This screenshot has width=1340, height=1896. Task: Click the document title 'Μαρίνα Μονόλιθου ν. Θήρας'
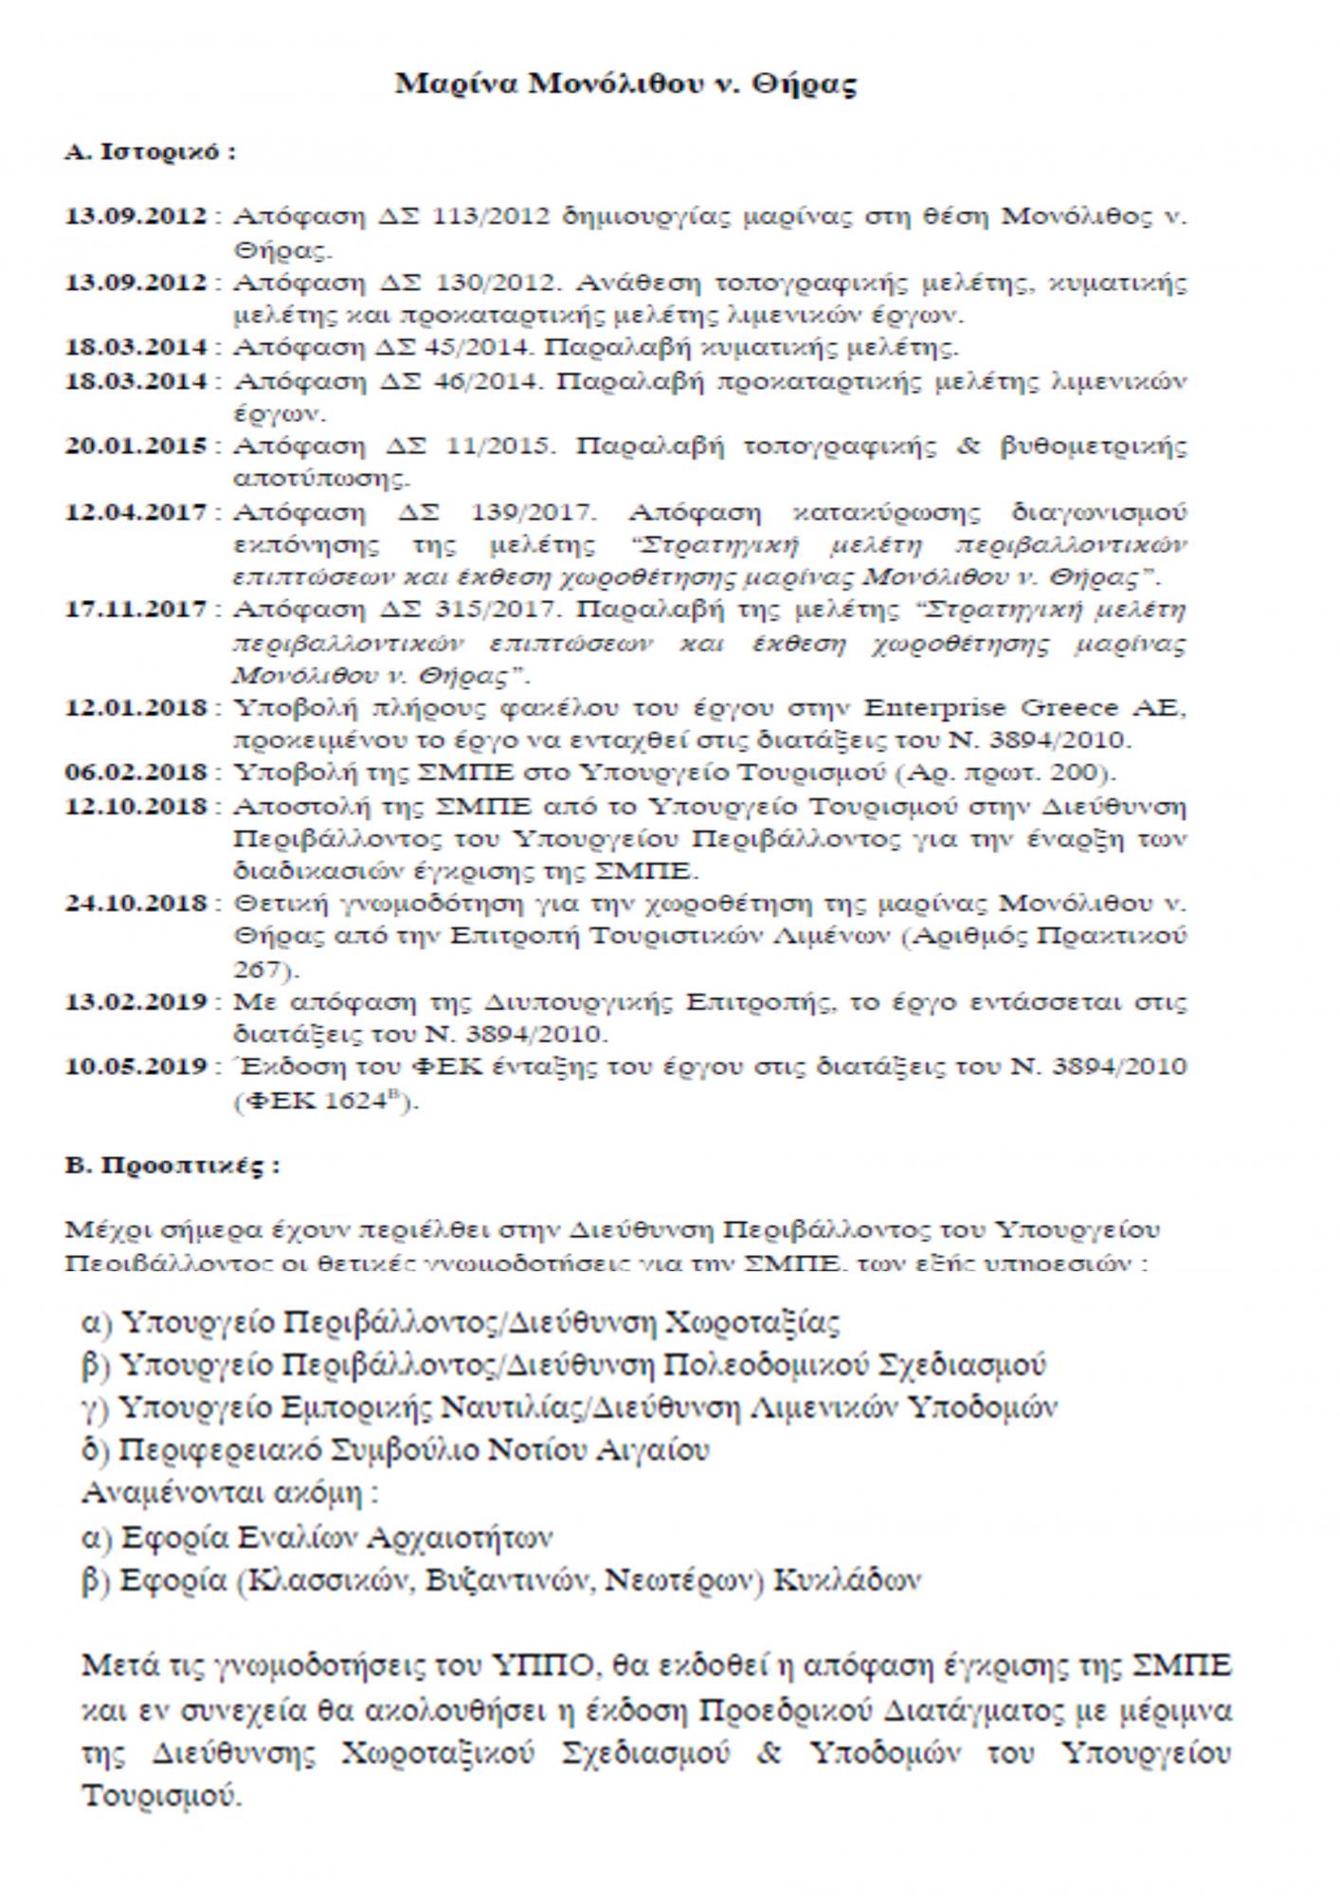point(625,84)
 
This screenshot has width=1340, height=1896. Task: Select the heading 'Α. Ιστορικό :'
point(150,153)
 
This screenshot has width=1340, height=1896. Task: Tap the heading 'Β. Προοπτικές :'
point(172,1165)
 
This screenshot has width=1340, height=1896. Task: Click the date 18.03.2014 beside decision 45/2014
point(135,347)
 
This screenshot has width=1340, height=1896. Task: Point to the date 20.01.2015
point(135,446)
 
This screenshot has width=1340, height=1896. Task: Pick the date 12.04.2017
point(135,513)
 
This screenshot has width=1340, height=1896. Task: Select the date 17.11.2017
point(135,609)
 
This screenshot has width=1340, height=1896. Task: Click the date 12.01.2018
point(135,707)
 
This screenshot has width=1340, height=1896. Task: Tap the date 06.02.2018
point(135,772)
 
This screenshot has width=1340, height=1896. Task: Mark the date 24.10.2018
point(135,902)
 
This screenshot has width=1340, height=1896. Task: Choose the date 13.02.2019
point(135,1001)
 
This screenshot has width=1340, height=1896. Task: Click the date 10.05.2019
point(135,1066)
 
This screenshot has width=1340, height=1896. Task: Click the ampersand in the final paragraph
point(769,1753)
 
